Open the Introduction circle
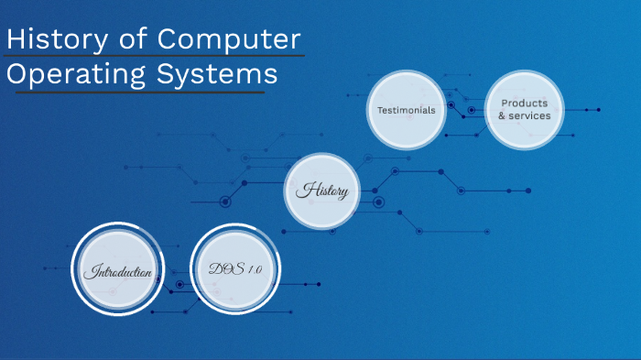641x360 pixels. [x=117, y=271]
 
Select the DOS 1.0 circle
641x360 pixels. [x=235, y=268]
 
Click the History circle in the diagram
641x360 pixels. [x=321, y=191]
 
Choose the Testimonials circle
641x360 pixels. [x=406, y=110]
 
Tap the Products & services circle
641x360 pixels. [x=525, y=110]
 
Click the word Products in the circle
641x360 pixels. [x=525, y=104]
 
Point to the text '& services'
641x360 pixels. [x=525, y=116]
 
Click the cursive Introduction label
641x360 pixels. [x=117, y=272]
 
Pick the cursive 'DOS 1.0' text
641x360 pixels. [x=235, y=268]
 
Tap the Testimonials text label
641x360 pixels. [x=406, y=110]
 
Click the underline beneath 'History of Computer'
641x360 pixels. [x=156, y=57]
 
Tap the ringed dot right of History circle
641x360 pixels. [x=378, y=202]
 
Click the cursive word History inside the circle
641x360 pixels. [x=321, y=191]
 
